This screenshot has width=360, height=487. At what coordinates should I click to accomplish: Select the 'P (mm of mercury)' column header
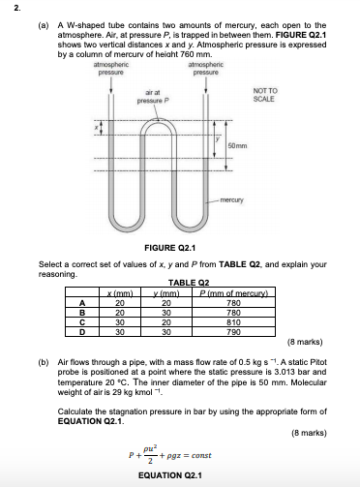(x=226, y=292)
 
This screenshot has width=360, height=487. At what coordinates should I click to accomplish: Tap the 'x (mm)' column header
(x=123, y=292)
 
